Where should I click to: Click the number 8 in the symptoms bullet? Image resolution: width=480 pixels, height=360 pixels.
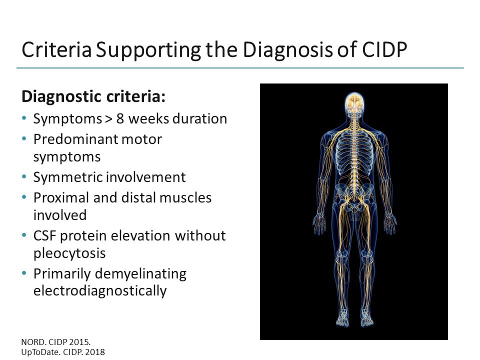(120, 119)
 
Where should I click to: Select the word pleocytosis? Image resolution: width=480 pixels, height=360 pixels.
(69, 253)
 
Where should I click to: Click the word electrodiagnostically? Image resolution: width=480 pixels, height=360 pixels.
(100, 291)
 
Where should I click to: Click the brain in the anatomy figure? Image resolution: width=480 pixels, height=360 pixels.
(353, 101)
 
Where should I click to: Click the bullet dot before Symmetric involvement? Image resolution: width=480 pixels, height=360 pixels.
(25, 177)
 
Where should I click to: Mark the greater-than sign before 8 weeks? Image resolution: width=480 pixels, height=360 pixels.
(108, 119)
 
